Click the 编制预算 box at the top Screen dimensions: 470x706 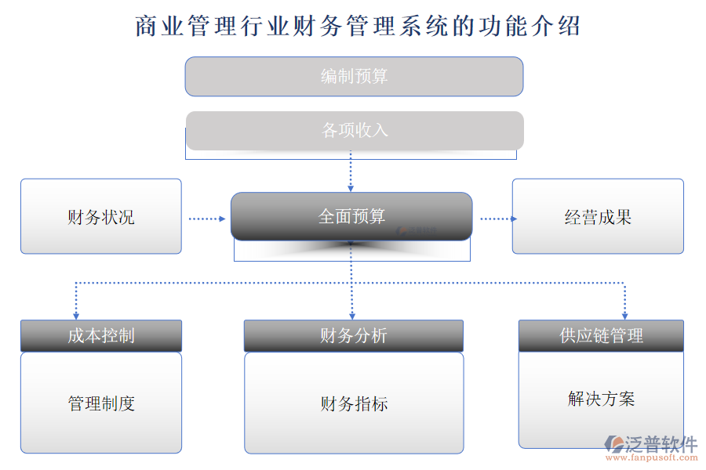354,77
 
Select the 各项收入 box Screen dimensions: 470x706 354,130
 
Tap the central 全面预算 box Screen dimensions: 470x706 351,216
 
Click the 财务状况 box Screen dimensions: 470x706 100,217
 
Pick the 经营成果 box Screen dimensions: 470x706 598,217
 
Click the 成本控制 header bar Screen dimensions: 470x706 100,335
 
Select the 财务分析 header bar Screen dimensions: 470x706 353,335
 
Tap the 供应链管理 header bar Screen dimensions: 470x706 601,335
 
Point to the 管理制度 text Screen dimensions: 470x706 101,403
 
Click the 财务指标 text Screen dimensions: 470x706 354,404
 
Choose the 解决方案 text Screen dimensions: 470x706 601,399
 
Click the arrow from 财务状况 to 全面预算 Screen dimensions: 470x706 206,219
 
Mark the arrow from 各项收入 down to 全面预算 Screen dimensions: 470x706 351,172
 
